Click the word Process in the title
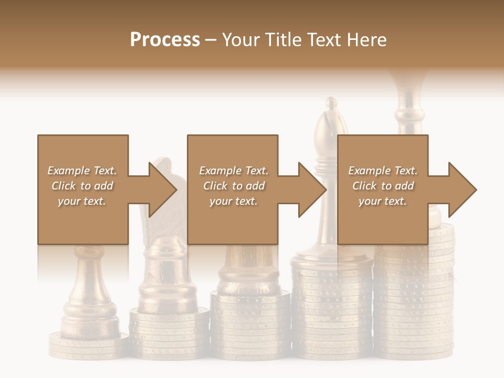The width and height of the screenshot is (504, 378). (x=165, y=40)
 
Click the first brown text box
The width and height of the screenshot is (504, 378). (x=83, y=220)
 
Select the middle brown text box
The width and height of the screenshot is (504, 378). (x=233, y=220)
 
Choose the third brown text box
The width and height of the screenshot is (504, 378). (x=382, y=220)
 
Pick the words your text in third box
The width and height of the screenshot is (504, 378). (x=382, y=201)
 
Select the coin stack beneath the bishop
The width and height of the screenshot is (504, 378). (x=332, y=310)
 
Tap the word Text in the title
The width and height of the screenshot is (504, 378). (x=323, y=40)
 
